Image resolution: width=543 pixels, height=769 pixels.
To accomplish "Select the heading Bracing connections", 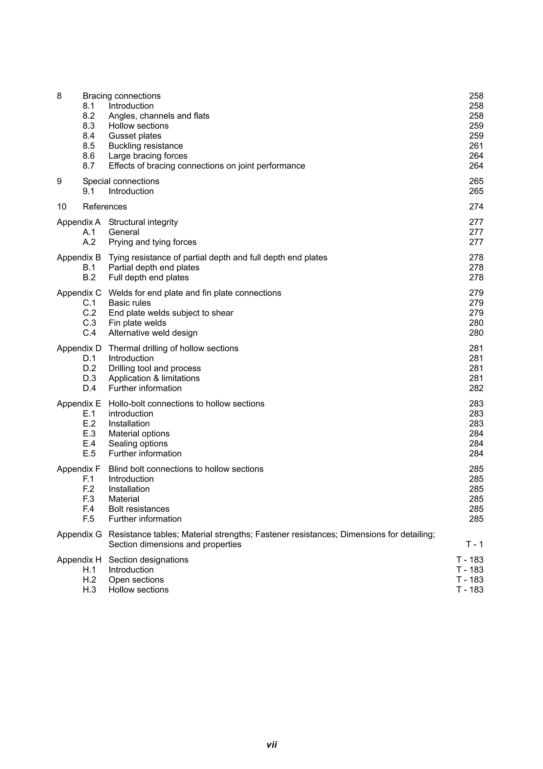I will click(x=121, y=96).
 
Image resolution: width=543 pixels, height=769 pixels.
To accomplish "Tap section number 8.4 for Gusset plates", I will click(x=89, y=136).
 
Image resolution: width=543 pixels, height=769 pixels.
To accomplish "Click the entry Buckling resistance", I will click(x=146, y=146).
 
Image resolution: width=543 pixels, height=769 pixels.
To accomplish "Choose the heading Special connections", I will click(x=121, y=181).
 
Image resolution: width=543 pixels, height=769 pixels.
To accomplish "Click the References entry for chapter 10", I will click(x=105, y=207).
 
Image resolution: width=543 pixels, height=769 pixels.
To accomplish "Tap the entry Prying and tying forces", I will click(x=152, y=242).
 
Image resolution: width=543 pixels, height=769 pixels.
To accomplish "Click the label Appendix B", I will click(x=79, y=257).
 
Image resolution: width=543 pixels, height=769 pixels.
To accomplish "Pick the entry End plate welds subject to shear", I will click(x=171, y=313).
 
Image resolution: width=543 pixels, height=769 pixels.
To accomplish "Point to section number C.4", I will click(x=89, y=333).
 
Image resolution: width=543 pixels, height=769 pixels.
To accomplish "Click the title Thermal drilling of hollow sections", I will click(x=173, y=348).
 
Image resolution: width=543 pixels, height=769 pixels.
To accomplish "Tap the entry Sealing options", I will click(x=138, y=444).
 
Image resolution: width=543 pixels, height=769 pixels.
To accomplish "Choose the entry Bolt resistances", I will click(x=139, y=509).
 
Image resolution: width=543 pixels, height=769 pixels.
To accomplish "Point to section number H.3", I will click(x=89, y=590).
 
